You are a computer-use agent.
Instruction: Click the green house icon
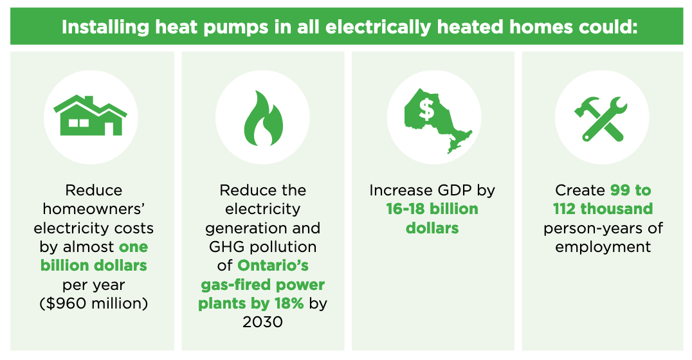click(x=90, y=116)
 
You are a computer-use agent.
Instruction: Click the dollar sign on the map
click(x=426, y=109)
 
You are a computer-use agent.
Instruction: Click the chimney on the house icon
click(x=89, y=100)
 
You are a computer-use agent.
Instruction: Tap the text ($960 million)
click(x=93, y=303)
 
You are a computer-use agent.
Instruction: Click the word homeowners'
click(x=93, y=209)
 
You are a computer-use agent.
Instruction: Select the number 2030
click(x=262, y=322)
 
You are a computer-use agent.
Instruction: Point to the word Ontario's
click(x=273, y=265)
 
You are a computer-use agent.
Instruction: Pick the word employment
click(x=603, y=247)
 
